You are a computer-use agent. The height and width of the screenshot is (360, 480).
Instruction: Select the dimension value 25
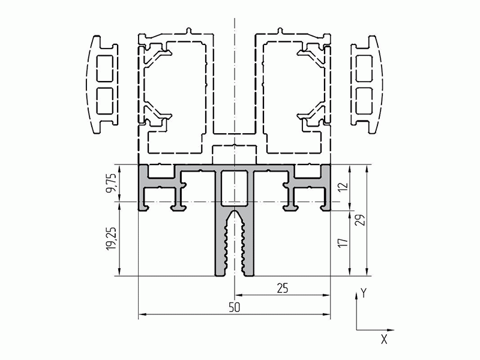coord(283,289)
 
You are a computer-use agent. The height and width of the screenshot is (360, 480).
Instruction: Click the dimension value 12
coord(342,187)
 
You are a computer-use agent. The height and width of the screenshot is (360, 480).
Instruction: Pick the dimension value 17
coord(342,244)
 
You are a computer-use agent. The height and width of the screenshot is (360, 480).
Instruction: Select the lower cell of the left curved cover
coord(104,97)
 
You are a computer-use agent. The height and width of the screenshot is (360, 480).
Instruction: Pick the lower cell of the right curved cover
coord(364,97)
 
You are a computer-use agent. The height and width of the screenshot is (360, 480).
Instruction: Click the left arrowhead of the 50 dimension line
coord(142,314)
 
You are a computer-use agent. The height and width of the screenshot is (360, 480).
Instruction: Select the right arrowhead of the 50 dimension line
coord(328,314)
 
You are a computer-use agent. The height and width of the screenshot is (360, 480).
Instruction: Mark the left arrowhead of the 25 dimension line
coord(238,295)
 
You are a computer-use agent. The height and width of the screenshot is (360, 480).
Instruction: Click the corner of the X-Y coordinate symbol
coord(356,329)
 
